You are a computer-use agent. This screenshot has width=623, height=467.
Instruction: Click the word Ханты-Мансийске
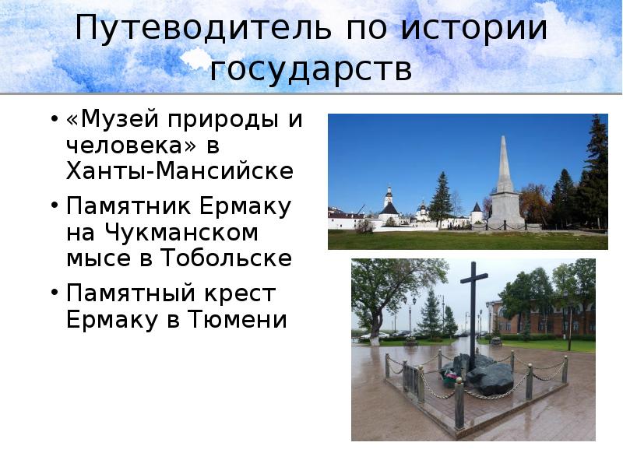tap(180, 170)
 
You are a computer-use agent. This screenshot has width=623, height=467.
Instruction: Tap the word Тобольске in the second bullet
tap(226, 258)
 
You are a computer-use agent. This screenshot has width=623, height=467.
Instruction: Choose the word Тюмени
tap(242, 319)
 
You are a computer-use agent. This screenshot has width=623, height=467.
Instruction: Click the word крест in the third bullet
tap(241, 293)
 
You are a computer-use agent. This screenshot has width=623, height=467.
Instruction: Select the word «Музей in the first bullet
tap(109, 120)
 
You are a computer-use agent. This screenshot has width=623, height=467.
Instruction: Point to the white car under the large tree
tap(375, 336)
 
